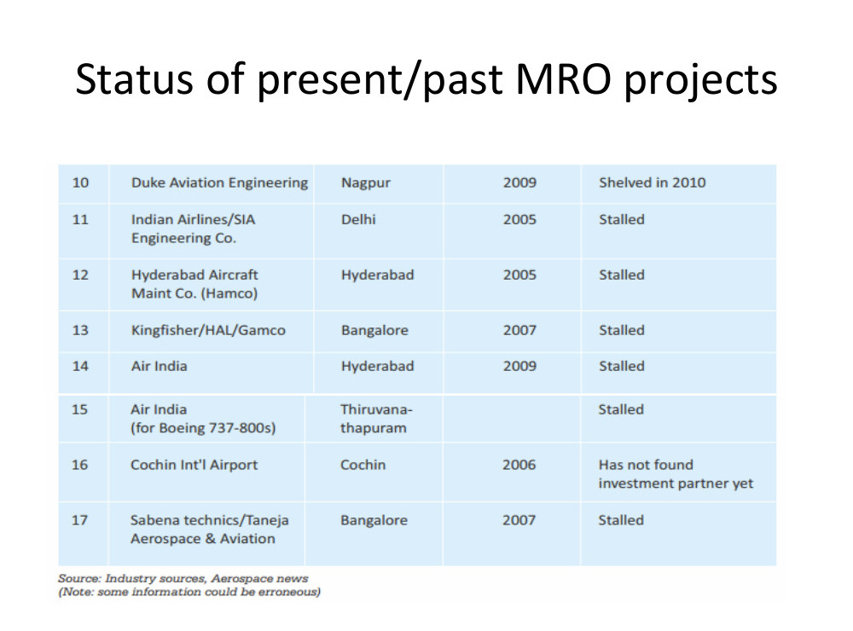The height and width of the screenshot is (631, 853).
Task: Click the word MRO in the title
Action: pyautogui.click(x=564, y=79)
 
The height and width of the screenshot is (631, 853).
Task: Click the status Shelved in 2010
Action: pyautogui.click(x=653, y=182)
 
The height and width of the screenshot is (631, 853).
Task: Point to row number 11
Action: pyautogui.click(x=80, y=219)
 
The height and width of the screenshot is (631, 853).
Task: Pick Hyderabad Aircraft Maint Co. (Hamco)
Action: pyautogui.click(x=194, y=284)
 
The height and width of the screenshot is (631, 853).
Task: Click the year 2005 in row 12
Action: pyautogui.click(x=519, y=275)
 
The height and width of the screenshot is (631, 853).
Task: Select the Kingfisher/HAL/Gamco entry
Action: pyautogui.click(x=208, y=330)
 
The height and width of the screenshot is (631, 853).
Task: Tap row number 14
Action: pyautogui.click(x=80, y=366)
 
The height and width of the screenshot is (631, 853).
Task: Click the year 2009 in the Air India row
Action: pyautogui.click(x=519, y=366)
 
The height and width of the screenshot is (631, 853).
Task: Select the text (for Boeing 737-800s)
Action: pyautogui.click(x=203, y=428)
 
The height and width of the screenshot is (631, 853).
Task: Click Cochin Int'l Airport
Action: pyautogui.click(x=194, y=465)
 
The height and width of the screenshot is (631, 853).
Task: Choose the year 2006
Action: pyautogui.click(x=519, y=465)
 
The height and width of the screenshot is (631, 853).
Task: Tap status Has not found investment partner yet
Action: pyautogui.click(x=676, y=474)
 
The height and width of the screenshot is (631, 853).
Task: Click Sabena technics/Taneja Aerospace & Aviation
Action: pyautogui.click(x=210, y=530)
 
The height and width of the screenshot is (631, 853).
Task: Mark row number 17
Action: pyautogui.click(x=79, y=520)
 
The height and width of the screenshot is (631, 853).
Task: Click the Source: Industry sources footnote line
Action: pyautogui.click(x=183, y=578)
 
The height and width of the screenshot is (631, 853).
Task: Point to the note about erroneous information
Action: pyautogui.click(x=189, y=592)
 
